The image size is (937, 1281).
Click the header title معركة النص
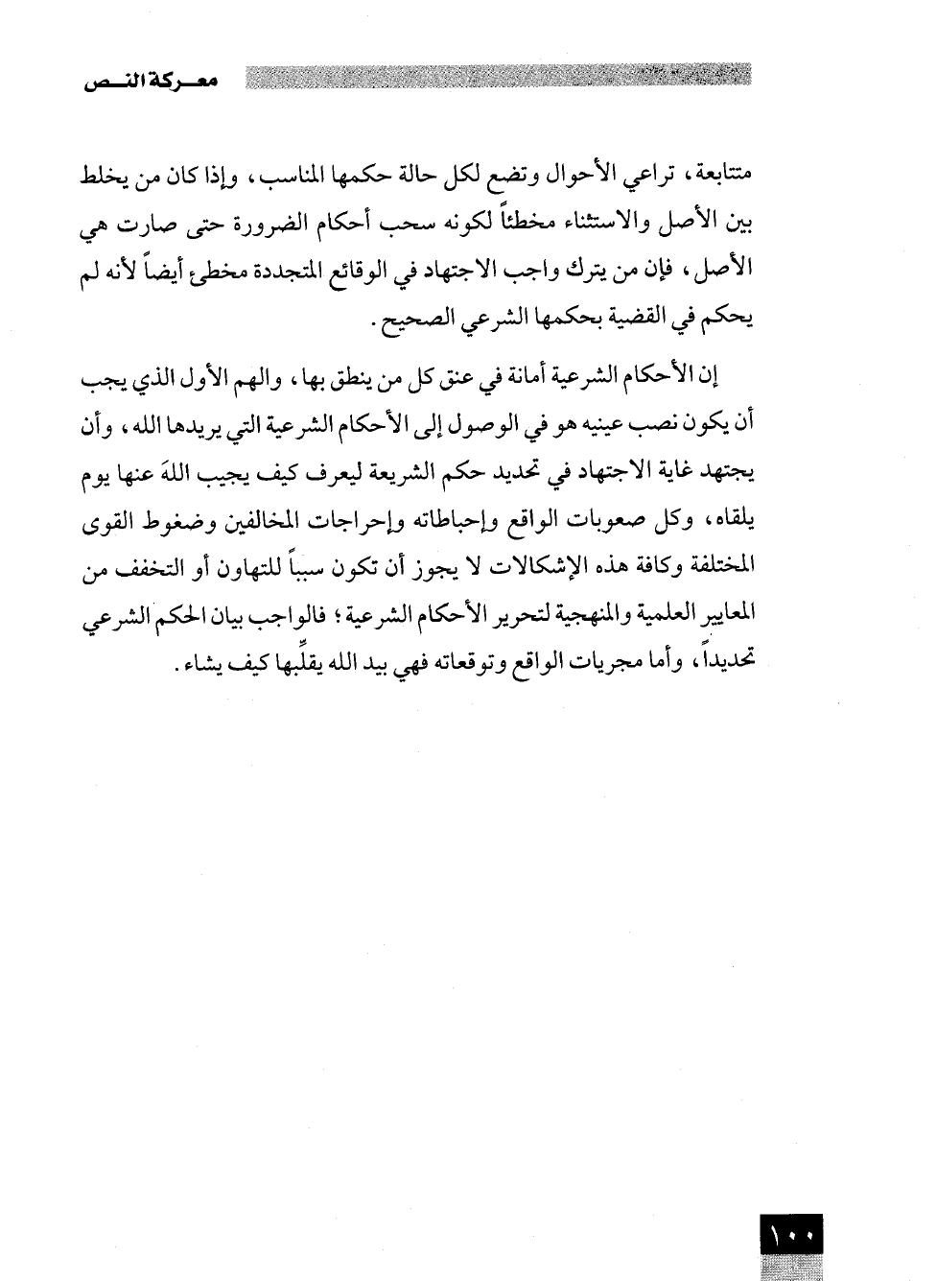(x=149, y=83)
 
